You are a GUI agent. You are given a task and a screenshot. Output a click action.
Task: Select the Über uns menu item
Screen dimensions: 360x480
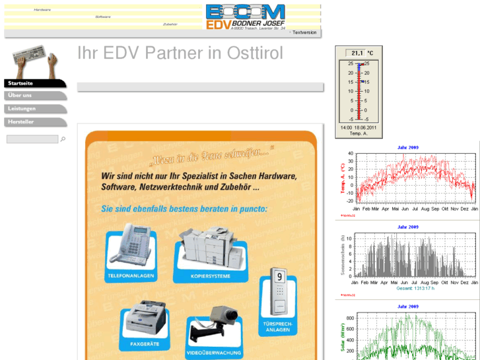point(20,95)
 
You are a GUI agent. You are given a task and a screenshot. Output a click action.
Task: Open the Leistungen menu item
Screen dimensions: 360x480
point(22,108)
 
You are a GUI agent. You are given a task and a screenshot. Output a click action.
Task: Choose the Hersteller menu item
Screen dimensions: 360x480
point(21,122)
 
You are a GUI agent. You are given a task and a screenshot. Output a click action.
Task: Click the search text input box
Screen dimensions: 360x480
point(32,139)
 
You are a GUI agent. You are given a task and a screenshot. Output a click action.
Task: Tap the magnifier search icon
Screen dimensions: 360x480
point(63,139)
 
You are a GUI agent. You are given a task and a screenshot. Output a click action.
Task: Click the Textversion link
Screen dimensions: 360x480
point(304,32)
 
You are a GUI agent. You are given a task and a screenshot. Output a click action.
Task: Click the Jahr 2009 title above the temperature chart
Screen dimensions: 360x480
point(408,147)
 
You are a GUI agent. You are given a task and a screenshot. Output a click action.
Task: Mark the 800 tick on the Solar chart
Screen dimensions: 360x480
point(350,318)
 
